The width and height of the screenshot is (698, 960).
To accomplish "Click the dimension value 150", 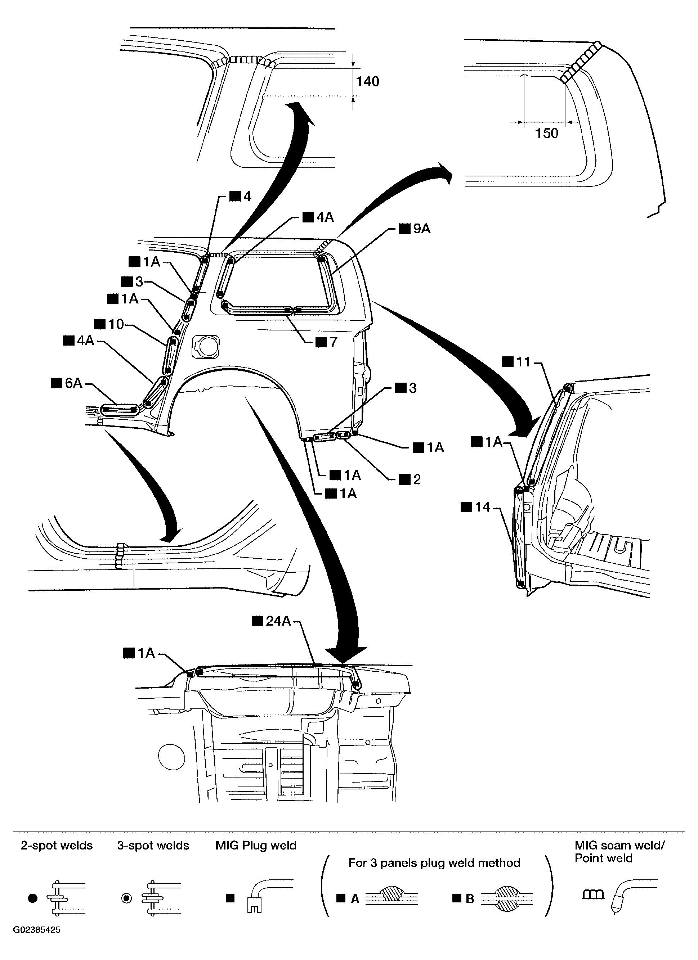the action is (x=546, y=133).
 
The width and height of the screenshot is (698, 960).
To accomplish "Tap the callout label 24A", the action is (x=278, y=621).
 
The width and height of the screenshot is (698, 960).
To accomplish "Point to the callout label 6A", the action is (x=73, y=383).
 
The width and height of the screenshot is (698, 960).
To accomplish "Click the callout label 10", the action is (x=116, y=324).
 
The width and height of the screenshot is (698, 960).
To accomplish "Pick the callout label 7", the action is (x=333, y=342).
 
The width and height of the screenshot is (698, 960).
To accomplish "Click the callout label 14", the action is (x=482, y=507).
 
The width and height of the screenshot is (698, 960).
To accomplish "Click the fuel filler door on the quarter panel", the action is (x=205, y=346).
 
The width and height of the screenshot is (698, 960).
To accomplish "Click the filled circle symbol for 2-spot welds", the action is (x=33, y=898).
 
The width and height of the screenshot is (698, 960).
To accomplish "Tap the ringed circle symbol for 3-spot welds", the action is (x=126, y=898).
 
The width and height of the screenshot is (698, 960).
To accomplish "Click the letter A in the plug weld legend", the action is (x=355, y=899).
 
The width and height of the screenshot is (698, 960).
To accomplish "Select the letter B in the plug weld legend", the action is (x=470, y=899).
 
